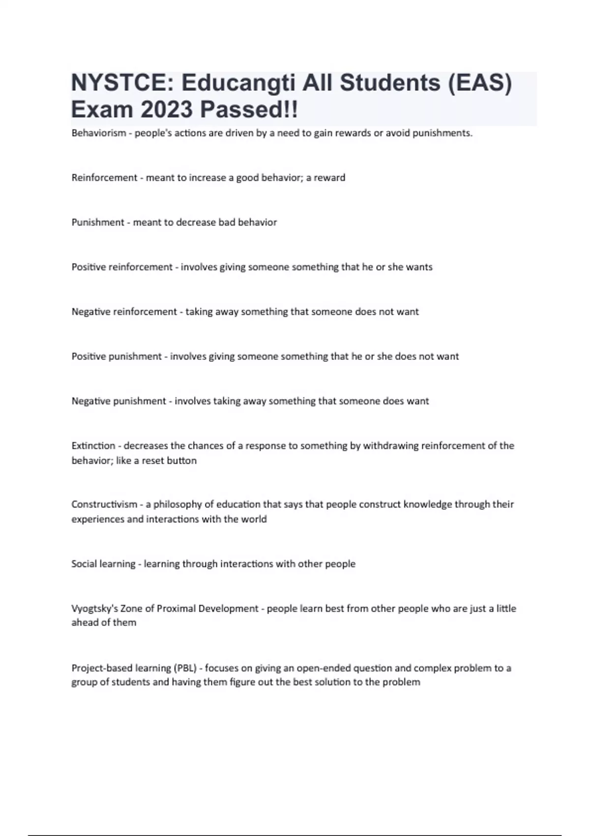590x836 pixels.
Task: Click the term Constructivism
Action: (x=104, y=505)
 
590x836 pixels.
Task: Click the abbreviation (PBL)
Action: (x=185, y=668)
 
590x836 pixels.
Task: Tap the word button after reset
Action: (x=181, y=461)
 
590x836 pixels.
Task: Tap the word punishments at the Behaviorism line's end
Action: (x=442, y=133)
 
